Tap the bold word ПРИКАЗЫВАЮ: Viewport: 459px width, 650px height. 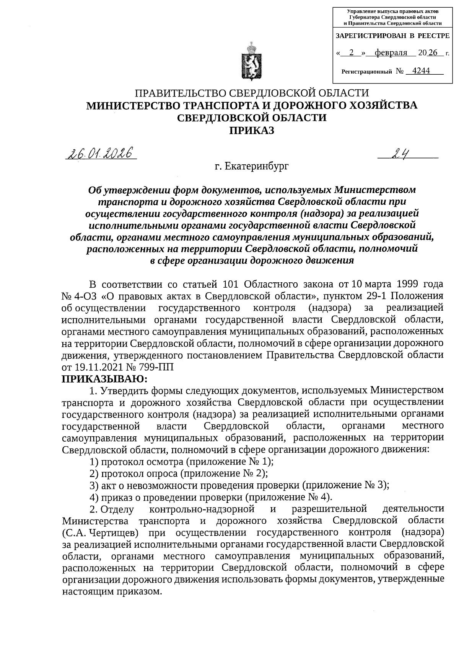coord(104,379)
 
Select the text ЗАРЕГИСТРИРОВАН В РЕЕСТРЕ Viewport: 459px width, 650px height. coord(392,36)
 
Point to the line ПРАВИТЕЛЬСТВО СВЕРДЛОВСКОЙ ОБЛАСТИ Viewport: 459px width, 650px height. coord(251,93)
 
